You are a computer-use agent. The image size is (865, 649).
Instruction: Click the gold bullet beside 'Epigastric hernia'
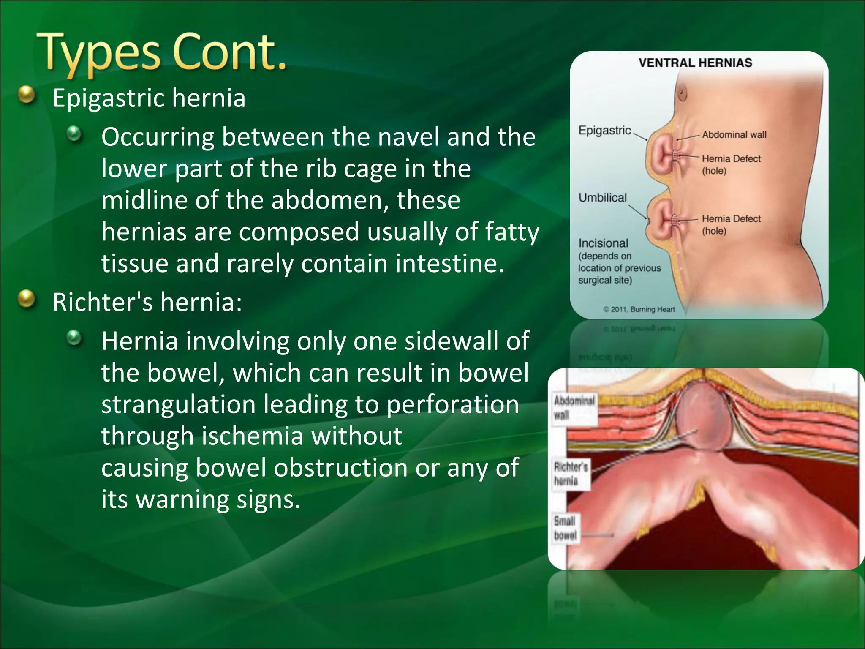tap(27, 95)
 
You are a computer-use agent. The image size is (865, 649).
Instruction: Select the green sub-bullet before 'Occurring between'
tap(75, 134)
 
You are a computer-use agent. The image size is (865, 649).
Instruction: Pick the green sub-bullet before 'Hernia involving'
tap(75, 338)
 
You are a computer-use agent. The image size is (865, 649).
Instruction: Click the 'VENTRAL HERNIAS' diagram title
tap(695, 63)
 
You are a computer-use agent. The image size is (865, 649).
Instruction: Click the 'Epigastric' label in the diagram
tap(604, 130)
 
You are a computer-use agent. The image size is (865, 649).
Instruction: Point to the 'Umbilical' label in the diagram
tap(602, 197)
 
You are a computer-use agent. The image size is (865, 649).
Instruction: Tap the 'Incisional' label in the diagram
tap(603, 243)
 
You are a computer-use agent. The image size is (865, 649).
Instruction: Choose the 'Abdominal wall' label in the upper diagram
tap(734, 134)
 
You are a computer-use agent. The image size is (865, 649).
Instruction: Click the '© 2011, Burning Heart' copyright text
tap(639, 309)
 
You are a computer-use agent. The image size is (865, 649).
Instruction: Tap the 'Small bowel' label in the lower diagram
tap(565, 528)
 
